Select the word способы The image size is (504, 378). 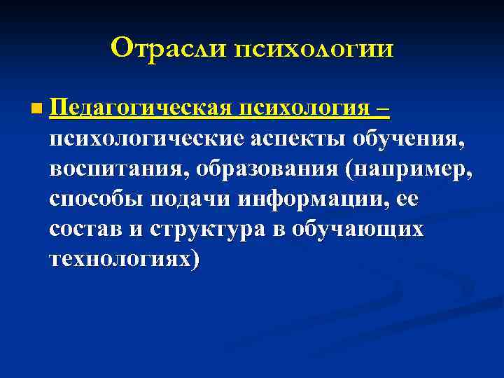click(95, 199)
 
